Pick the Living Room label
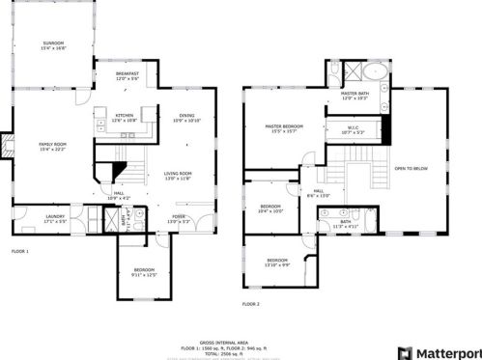click(177, 175)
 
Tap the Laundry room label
click(55, 217)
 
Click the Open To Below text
click(412, 170)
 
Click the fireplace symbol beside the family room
click(7, 148)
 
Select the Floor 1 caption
click(20, 251)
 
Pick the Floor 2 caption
click(251, 303)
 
